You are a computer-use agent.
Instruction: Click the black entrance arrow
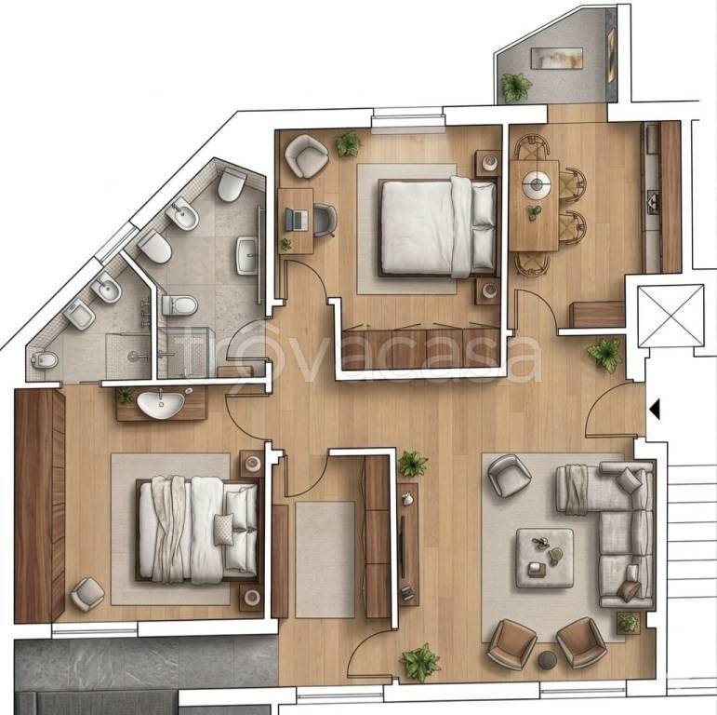point(655,409)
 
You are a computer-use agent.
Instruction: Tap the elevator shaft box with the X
point(671,316)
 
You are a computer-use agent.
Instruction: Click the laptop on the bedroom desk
point(298,220)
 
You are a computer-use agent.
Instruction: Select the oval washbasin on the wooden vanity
point(160,403)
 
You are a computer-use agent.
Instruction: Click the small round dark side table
point(548,659)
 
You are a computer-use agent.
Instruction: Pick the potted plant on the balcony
point(516,87)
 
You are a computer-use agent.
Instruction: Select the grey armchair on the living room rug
point(509,474)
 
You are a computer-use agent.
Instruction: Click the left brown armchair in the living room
point(511,642)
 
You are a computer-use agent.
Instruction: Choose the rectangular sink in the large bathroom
point(247,254)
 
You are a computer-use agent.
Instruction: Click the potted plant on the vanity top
point(125,396)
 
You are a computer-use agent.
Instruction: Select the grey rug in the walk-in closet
point(325,559)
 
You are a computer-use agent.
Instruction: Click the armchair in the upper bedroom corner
point(306,155)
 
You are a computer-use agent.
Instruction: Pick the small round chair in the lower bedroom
point(87,593)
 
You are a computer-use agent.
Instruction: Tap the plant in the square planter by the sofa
point(629,622)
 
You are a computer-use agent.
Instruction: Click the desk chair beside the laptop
point(324,220)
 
